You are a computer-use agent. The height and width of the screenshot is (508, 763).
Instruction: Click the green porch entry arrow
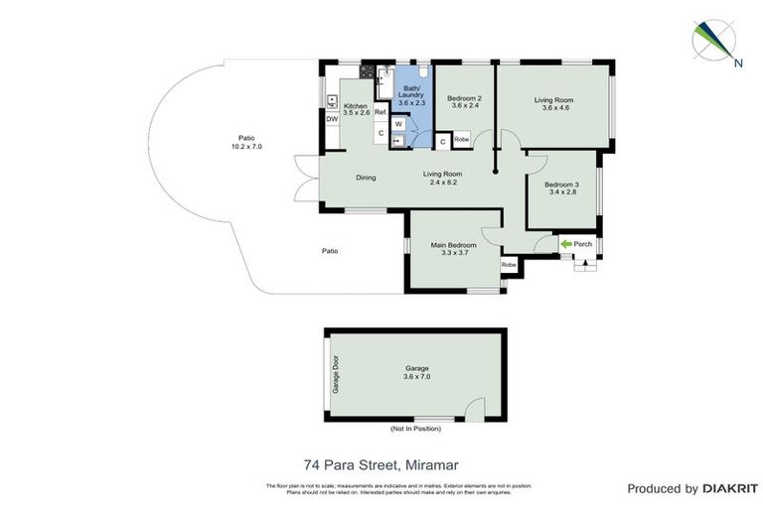tap(566, 244)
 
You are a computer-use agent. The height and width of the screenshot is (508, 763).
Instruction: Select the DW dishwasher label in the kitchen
tap(332, 120)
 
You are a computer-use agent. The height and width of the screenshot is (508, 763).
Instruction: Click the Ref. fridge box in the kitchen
tap(380, 112)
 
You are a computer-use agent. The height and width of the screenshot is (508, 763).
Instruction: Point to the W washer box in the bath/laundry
tap(397, 124)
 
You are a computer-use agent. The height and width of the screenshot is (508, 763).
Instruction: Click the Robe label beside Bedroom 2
tap(461, 140)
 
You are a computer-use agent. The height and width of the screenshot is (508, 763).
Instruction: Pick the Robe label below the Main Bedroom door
tap(508, 265)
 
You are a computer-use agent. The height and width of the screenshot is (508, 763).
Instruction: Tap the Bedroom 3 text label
tap(561, 185)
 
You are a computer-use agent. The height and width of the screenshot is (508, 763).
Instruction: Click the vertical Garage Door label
tap(336, 375)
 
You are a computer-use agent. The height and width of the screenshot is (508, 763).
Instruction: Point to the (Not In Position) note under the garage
tap(415, 430)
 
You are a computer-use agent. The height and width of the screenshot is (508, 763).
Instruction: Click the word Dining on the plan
tap(367, 179)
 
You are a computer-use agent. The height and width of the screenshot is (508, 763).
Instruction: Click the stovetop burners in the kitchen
tap(367, 70)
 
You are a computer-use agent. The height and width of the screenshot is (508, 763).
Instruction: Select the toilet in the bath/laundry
tap(421, 71)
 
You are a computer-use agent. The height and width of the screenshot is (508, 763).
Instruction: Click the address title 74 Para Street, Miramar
tap(381, 463)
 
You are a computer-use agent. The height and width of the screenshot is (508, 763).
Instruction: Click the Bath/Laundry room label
tap(411, 92)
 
